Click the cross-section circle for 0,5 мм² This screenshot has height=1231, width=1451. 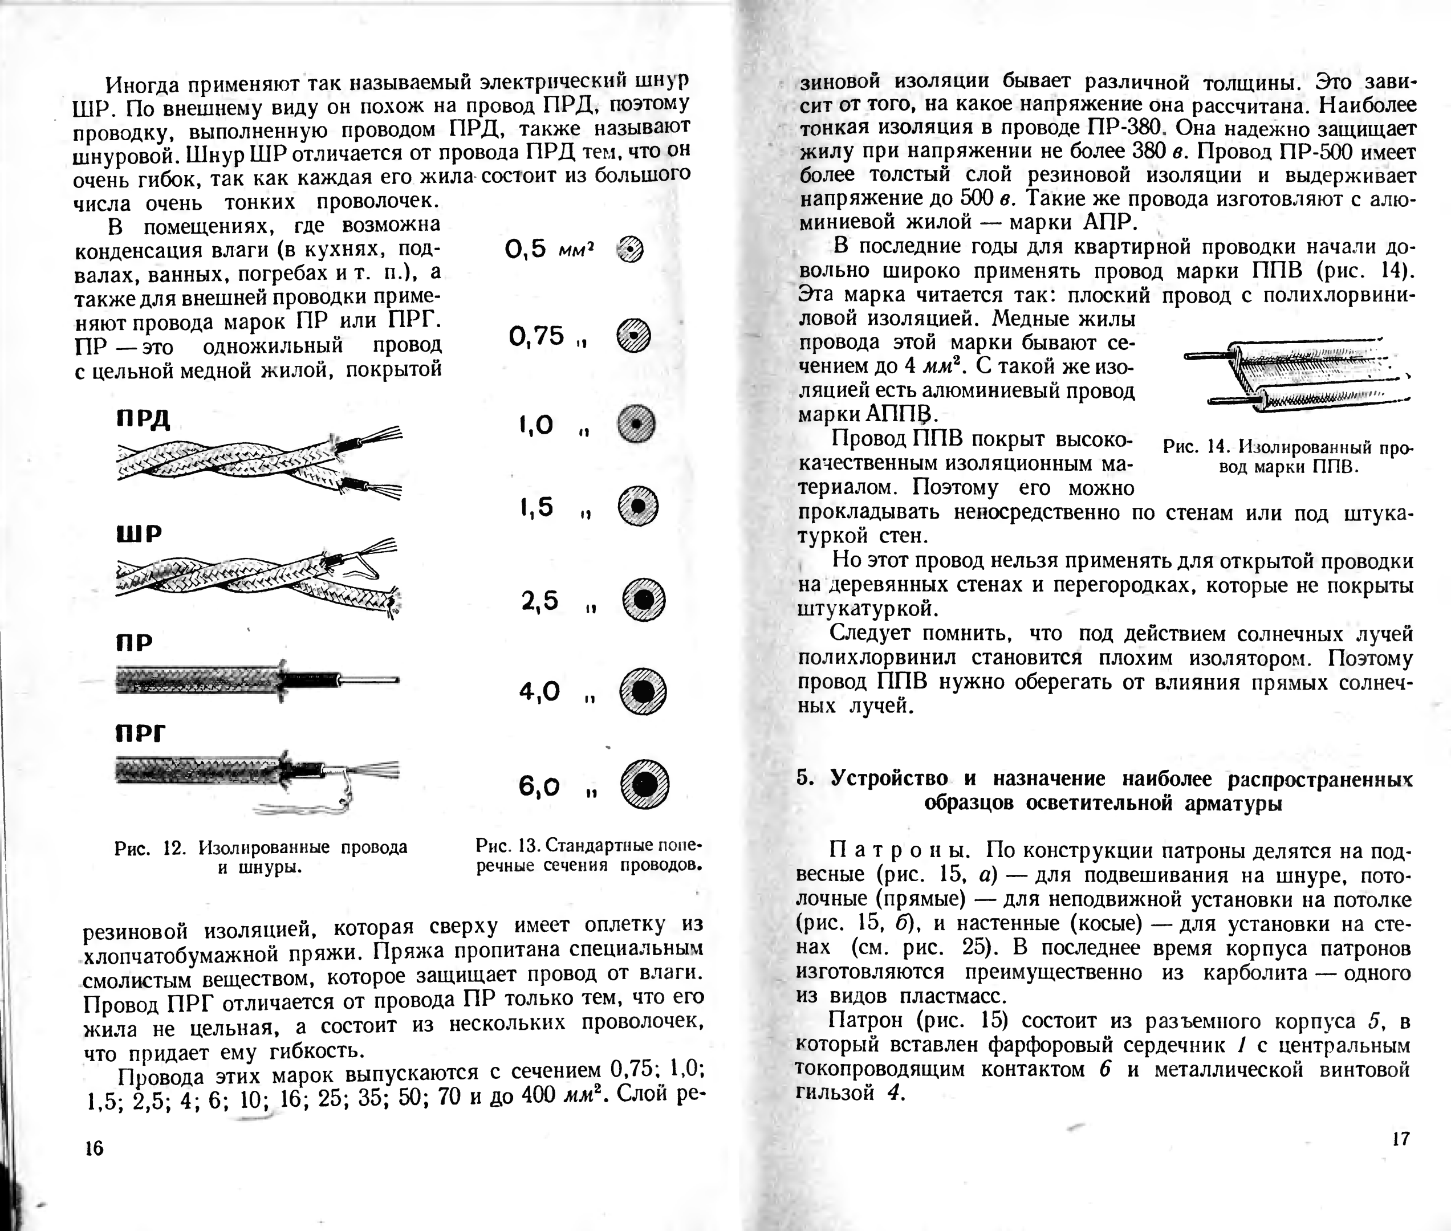coord(630,249)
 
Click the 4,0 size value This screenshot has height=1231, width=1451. coord(539,691)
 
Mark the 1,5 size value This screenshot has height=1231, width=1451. coord(536,507)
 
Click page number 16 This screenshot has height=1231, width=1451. coord(94,1148)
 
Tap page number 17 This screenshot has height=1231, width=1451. coord(1400,1139)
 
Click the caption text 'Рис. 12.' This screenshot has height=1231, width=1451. coord(150,848)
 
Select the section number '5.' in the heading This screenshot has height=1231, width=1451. coord(806,778)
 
